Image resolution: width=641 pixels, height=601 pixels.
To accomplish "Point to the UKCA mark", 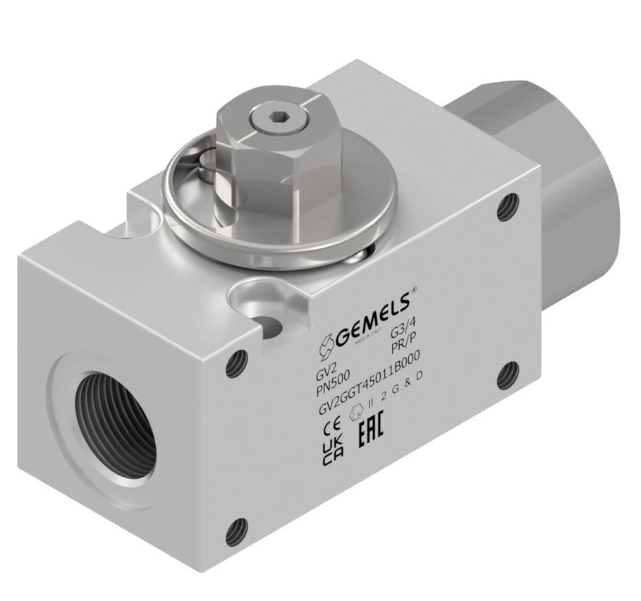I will [x=329, y=454].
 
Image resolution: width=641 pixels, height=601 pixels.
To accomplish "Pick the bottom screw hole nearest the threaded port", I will [x=236, y=531].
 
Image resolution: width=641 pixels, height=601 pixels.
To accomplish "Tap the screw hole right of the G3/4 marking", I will [x=508, y=375].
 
